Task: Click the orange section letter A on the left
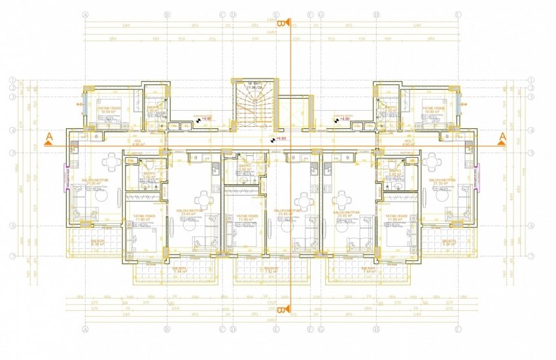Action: (x=49, y=137)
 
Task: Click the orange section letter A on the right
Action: (x=502, y=136)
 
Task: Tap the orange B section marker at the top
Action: (x=281, y=24)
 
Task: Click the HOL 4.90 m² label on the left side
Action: (x=82, y=142)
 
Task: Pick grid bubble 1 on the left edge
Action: (x=12, y=81)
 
